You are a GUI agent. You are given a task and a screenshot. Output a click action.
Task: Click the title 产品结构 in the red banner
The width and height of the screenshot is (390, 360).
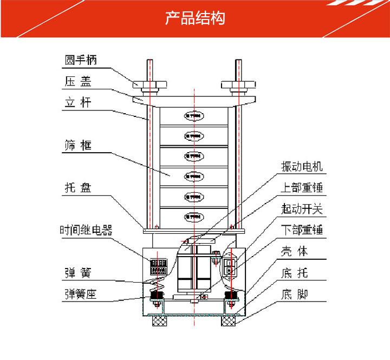click(x=194, y=18)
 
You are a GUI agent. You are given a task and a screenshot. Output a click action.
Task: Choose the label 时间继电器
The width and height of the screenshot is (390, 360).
click(x=86, y=230)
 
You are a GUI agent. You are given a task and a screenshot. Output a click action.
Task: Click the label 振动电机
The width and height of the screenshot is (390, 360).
click(x=302, y=167)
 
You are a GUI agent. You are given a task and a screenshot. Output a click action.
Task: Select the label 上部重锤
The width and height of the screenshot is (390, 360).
click(x=302, y=188)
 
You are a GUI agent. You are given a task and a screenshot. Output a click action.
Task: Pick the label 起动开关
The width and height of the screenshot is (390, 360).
click(x=302, y=209)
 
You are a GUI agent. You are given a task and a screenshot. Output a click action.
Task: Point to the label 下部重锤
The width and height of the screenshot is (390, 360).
click(x=302, y=230)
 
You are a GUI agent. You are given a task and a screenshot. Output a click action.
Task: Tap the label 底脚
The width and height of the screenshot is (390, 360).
click(x=295, y=295)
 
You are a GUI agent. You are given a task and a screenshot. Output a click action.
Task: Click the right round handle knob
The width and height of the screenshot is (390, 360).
click(x=238, y=85)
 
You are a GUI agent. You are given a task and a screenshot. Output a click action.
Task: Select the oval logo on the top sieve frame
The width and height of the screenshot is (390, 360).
click(x=193, y=115)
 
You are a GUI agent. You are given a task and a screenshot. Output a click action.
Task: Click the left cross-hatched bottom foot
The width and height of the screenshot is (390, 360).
click(x=160, y=322)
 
